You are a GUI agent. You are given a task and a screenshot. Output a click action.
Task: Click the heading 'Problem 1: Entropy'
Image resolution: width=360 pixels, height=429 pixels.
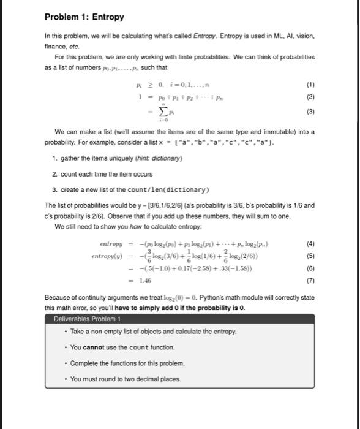[x=84, y=17]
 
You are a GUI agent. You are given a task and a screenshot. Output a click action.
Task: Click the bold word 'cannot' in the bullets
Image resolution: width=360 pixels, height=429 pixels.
[x=92, y=347]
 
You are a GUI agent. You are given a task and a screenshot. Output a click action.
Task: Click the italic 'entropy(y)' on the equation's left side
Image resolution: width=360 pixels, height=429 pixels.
[x=107, y=256]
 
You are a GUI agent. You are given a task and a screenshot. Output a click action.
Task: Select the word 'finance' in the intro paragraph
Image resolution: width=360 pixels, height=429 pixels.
[x=56, y=45]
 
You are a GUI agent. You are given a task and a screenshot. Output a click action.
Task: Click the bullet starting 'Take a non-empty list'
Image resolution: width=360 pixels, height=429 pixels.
[x=144, y=332]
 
